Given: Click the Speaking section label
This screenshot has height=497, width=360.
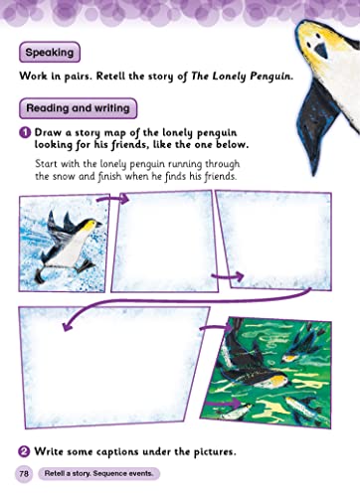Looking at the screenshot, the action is pyautogui.click(x=50, y=52).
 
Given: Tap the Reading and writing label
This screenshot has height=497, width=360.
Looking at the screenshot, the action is pyautogui.click(x=78, y=108).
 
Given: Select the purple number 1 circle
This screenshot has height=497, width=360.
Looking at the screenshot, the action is pyautogui.click(x=25, y=133).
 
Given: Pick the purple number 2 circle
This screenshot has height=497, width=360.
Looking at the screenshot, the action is pyautogui.click(x=24, y=451).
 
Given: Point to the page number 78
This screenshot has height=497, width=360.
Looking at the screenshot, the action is pyautogui.click(x=24, y=473).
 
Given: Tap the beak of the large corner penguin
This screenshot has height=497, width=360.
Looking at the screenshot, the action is pyautogui.click(x=321, y=51).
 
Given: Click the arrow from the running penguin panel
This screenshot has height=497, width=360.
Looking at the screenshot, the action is pyautogui.click(x=112, y=199).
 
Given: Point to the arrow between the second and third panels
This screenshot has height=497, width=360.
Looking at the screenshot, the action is pyautogui.click(x=228, y=276).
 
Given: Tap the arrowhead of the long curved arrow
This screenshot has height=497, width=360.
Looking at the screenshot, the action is pyautogui.click(x=68, y=326).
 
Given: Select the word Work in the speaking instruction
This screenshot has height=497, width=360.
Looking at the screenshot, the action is pyautogui.click(x=33, y=77).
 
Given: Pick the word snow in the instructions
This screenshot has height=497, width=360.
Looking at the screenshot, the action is pyautogui.click(x=64, y=176).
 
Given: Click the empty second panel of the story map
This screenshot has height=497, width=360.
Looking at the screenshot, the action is pyautogui.click(x=165, y=242).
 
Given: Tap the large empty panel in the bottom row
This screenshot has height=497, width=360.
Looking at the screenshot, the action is pyautogui.click(x=111, y=367).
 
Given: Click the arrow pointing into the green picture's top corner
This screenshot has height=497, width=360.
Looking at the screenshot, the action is pyautogui.click(x=217, y=328).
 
